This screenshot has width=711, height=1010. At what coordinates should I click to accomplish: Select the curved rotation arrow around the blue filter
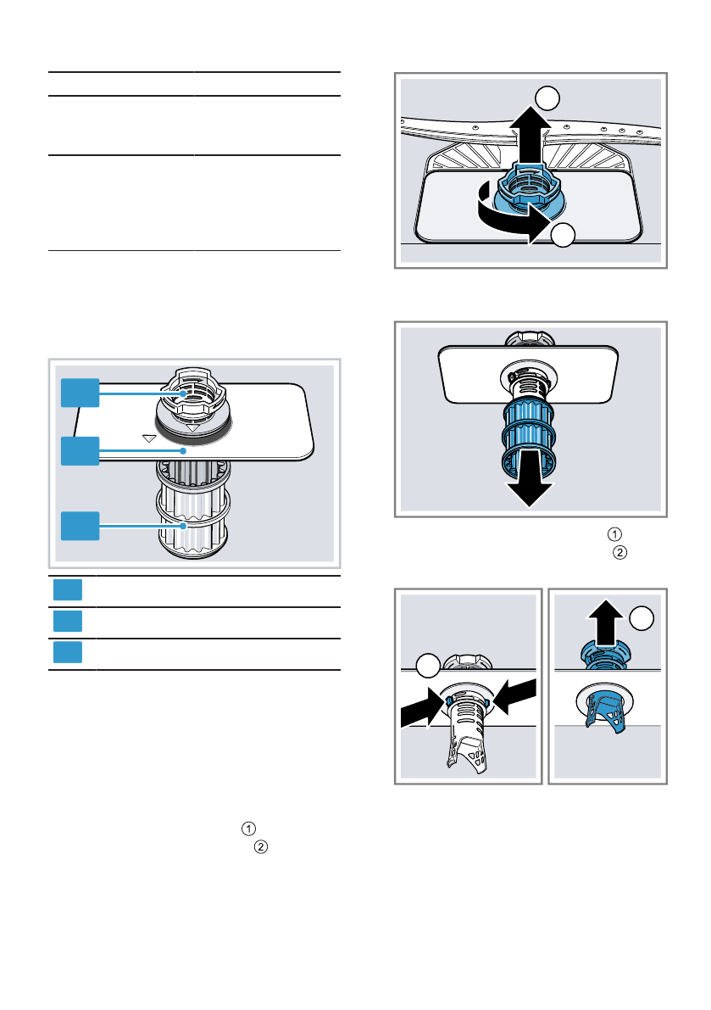pyautogui.click(x=508, y=219)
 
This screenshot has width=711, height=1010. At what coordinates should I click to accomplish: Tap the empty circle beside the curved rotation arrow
pyautogui.click(x=563, y=235)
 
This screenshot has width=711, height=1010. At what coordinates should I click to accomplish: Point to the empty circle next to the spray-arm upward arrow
pyautogui.click(x=547, y=98)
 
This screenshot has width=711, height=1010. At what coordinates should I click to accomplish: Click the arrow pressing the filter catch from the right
pyautogui.click(x=514, y=695)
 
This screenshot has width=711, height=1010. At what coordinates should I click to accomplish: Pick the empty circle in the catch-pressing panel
pyautogui.click(x=428, y=666)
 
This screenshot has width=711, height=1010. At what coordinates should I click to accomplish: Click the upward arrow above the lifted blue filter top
pyautogui.click(x=606, y=623)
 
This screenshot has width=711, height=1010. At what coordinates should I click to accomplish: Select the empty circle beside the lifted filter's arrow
pyautogui.click(x=642, y=618)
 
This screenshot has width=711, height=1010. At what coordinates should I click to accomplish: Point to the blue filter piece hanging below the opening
pyautogui.click(x=605, y=710)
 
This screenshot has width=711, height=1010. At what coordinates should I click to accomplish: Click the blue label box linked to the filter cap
pyautogui.click(x=81, y=393)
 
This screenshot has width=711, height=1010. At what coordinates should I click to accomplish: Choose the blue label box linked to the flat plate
pyautogui.click(x=81, y=451)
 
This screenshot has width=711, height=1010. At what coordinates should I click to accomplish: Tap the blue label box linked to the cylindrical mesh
pyautogui.click(x=81, y=526)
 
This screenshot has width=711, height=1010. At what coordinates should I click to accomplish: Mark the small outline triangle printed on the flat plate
pyautogui.click(x=149, y=438)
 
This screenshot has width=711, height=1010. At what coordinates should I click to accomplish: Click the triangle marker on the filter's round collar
pyautogui.click(x=193, y=427)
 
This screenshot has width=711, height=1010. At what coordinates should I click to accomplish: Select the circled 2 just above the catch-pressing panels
pyautogui.click(x=619, y=553)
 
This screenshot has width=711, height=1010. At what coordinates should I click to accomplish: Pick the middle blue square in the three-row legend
pyautogui.click(x=68, y=621)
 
